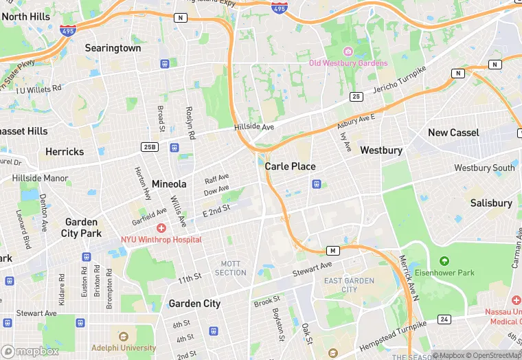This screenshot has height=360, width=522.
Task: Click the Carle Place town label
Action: (x=291, y=166)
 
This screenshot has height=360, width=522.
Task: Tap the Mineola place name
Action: (x=169, y=184)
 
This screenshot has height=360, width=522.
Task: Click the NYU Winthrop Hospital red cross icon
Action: (x=161, y=228)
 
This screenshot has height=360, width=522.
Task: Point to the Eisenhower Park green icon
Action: (x=444, y=261)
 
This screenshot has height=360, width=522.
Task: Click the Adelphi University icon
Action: (x=124, y=337)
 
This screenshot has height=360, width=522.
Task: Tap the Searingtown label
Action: (x=113, y=48)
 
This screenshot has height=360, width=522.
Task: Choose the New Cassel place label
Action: (x=453, y=133)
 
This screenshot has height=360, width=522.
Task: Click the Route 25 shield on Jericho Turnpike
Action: (x=356, y=97)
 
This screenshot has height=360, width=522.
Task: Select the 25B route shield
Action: (x=150, y=147)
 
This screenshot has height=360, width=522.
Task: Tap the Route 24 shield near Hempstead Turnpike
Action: (x=444, y=319)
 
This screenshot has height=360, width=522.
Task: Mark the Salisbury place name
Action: (x=491, y=203)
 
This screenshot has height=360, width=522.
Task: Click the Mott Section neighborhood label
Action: (x=231, y=268)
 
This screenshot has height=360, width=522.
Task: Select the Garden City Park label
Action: (x=81, y=227)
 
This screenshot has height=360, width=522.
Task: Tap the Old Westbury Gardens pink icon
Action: (x=348, y=52)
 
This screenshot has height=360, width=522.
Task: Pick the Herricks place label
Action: (x=65, y=151)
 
